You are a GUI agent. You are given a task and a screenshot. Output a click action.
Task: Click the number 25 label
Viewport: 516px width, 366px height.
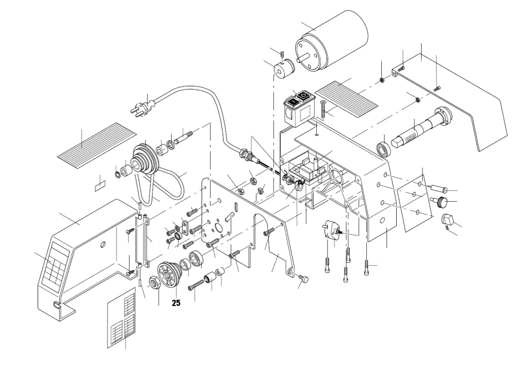[x=176, y=303]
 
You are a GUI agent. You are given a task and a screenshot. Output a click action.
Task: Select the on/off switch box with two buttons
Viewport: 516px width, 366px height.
[x=299, y=107]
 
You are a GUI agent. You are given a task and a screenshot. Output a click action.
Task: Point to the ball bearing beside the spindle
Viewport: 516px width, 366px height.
[x=383, y=149]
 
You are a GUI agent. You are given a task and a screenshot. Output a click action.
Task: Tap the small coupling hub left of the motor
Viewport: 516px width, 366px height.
[x=283, y=68]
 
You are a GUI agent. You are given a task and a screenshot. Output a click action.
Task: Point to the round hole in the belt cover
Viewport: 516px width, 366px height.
[x=103, y=244]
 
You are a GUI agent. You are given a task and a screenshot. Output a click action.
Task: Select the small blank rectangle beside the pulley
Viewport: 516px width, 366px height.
[x=100, y=185]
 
